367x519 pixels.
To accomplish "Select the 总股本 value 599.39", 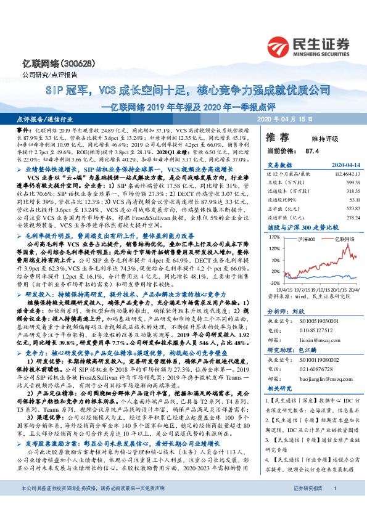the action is click(x=350, y=182).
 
